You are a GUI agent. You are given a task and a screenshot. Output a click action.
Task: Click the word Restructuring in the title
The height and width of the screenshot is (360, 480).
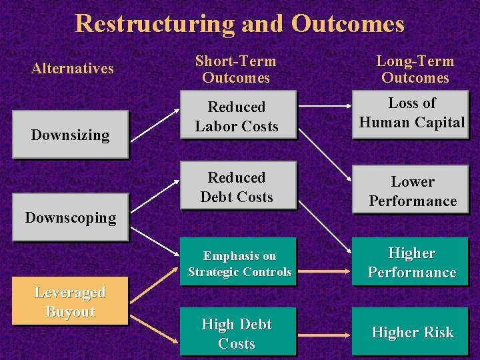click(x=154, y=23)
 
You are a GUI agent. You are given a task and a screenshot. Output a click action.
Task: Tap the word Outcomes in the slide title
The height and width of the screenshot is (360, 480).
click(x=347, y=23)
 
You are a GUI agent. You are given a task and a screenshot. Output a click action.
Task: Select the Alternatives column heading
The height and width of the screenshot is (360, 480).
click(x=73, y=68)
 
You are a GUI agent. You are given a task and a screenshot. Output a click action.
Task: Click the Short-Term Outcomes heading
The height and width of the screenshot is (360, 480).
click(x=236, y=69)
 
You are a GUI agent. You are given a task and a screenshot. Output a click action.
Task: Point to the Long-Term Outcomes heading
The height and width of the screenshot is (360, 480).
click(x=415, y=69)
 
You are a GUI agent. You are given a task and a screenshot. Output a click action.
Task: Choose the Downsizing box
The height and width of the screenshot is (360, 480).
click(x=70, y=135)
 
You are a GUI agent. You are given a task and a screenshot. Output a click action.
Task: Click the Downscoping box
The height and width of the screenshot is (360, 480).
click(x=70, y=217)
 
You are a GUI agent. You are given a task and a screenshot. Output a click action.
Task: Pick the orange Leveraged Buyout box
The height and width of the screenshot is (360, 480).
click(x=70, y=301)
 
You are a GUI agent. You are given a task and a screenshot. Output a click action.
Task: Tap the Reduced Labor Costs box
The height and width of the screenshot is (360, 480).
click(x=237, y=116)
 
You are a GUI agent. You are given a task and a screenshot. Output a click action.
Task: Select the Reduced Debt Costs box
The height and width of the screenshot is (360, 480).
click(x=237, y=187)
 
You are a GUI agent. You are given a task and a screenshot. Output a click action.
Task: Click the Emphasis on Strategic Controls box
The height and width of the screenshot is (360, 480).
click(x=239, y=263)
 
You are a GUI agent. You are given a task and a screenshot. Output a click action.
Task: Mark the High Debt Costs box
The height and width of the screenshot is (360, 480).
click(x=237, y=334)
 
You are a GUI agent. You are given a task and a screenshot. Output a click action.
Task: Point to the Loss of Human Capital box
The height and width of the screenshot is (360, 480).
click(x=411, y=113)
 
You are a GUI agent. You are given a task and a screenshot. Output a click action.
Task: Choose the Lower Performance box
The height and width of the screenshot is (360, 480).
click(x=413, y=191)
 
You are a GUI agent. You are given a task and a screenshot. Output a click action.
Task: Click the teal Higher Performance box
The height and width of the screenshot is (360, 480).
click(x=411, y=263)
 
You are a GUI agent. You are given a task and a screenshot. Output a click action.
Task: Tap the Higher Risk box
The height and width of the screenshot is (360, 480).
click(x=411, y=332)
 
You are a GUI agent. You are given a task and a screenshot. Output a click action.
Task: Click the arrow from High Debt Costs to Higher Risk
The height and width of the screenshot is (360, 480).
click(x=323, y=331)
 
